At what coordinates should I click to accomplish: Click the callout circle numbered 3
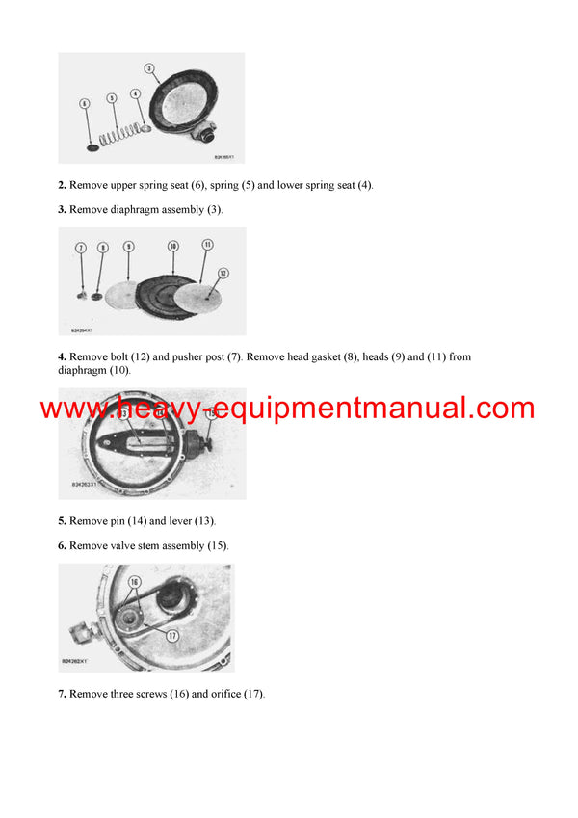click(148, 68)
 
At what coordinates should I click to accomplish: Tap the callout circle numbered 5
click(112, 97)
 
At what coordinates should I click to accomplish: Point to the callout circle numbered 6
click(84, 102)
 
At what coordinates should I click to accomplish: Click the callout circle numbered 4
click(135, 93)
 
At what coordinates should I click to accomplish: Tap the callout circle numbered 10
click(172, 246)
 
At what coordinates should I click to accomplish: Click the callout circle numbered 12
click(223, 273)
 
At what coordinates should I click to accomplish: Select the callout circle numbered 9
click(128, 248)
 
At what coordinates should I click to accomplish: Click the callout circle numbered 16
click(133, 583)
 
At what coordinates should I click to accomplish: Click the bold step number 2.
click(62, 185)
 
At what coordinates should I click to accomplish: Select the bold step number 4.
click(62, 356)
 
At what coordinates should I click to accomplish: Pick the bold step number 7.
click(62, 694)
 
